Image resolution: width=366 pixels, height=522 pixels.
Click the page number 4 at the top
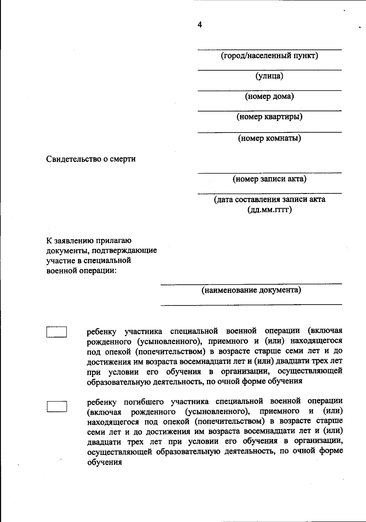pyautogui.click(x=199, y=25)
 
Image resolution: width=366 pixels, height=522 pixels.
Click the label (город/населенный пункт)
pyautogui.click(x=269, y=56)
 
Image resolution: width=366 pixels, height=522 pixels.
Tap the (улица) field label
pyautogui.click(x=269, y=76)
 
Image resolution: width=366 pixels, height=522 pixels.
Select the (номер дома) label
pyautogui.click(x=269, y=97)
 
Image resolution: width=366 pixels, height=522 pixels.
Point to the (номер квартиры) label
pyautogui.click(x=269, y=117)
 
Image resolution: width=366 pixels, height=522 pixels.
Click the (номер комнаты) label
pyautogui.click(x=269, y=138)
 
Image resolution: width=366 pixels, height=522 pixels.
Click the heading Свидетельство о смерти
pyautogui.click(x=91, y=159)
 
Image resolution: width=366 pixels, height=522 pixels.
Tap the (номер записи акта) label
pyautogui.click(x=269, y=179)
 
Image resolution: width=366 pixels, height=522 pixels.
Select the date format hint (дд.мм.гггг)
pyautogui.click(x=269, y=210)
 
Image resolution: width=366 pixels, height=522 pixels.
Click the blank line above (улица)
pyautogui.click(x=269, y=70)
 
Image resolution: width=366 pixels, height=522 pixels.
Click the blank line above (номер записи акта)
pyautogui.click(x=269, y=173)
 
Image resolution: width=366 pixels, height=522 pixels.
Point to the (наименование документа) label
pyautogui.click(x=251, y=290)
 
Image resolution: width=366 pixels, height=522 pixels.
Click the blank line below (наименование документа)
pyautogui.click(x=251, y=304)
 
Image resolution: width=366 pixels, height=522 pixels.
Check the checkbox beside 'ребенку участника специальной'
pyautogui.click(x=57, y=332)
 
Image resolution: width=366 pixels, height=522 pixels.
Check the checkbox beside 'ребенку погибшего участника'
pyautogui.click(x=57, y=407)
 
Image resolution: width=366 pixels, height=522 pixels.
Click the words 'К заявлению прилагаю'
pyautogui.click(x=89, y=240)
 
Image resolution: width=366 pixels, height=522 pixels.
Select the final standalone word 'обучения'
pyautogui.click(x=105, y=462)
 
